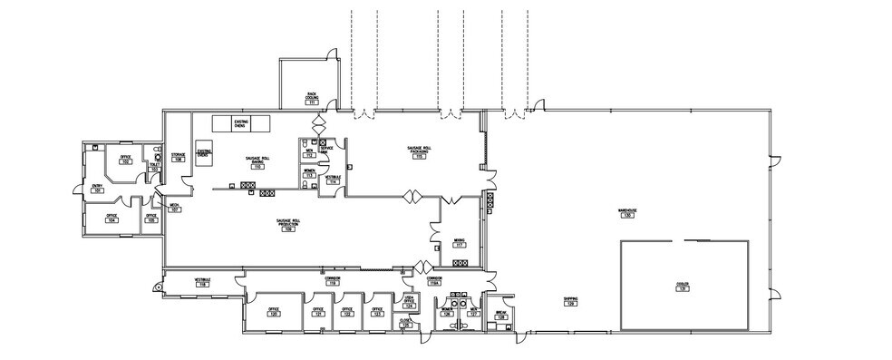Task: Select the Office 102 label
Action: click(126, 161)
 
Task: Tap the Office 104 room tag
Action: click(111, 219)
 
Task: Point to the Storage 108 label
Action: click(179, 158)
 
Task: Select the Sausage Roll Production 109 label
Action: click(288, 226)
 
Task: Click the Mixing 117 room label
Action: click(460, 244)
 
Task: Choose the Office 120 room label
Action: click(273, 313)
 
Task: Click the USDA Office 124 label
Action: click(409, 303)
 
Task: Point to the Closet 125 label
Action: click(405, 322)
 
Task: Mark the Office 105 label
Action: click(151, 219)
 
